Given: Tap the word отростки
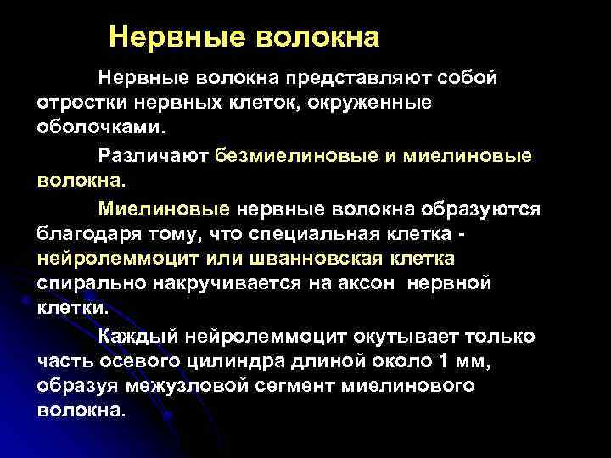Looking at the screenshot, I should click(x=80, y=103).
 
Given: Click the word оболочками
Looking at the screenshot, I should click(x=102, y=129).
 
